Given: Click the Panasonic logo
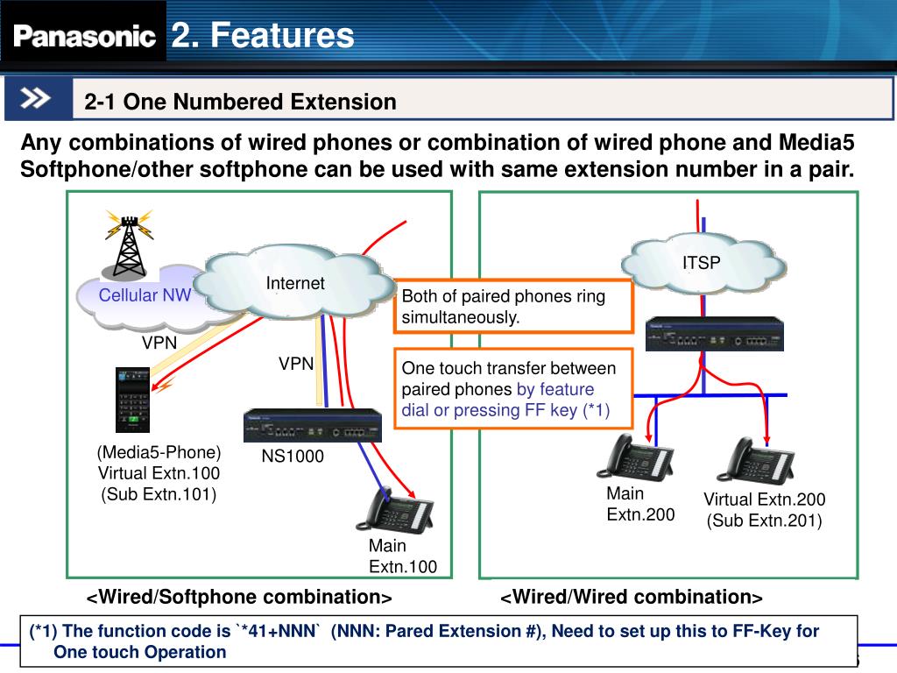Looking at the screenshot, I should point(84,36).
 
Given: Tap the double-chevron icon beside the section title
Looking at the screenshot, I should point(38,98).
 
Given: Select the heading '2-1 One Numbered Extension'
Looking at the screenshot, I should point(240,103).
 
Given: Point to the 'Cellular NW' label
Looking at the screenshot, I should point(144,295).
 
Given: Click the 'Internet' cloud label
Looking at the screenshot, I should point(295,283).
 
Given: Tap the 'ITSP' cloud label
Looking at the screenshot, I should point(702,262).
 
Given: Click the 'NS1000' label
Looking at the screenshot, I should point(293,457).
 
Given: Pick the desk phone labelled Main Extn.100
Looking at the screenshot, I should point(394,510).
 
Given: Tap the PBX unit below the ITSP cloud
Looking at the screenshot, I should point(714,334).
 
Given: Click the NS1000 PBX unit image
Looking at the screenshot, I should point(313,426).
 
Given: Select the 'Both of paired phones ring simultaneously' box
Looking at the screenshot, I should point(513,307).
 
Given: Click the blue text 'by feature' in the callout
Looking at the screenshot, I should point(555,389).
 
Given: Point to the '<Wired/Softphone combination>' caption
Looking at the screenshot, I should point(238,598).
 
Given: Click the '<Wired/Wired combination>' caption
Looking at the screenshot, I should point(632,598).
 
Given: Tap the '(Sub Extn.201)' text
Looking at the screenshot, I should point(764,521).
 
